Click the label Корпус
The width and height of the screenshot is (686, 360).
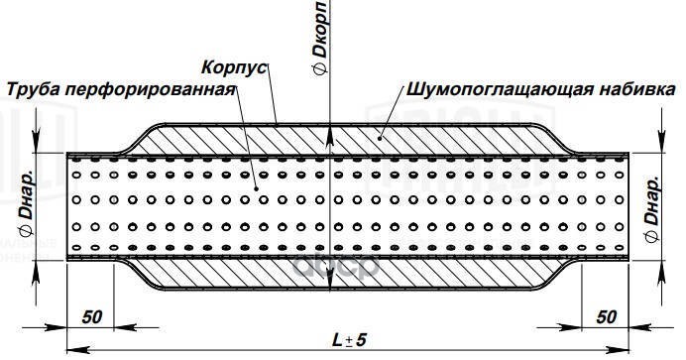pyautogui.click(x=233, y=70)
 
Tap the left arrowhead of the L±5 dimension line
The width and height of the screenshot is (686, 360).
pyautogui.click(x=71, y=349)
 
